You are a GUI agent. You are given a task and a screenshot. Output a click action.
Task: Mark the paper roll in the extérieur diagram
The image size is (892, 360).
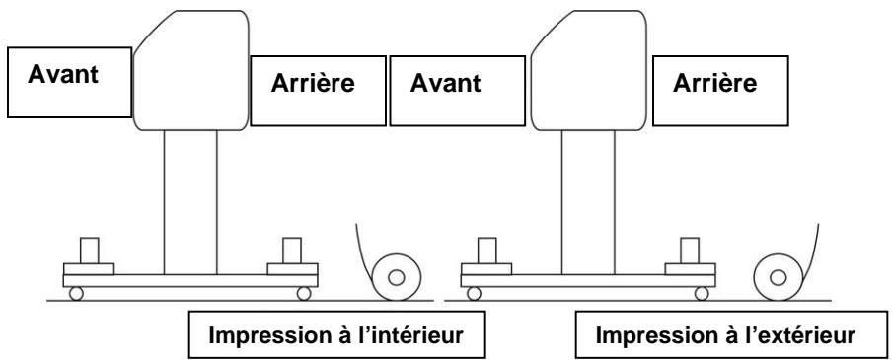point(779,276)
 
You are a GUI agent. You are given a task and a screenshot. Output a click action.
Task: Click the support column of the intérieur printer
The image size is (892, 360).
point(190,202)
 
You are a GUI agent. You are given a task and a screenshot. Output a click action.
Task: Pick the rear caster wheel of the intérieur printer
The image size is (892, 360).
point(304,293)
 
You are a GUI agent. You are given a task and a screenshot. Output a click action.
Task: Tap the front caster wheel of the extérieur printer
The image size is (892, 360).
point(475,293)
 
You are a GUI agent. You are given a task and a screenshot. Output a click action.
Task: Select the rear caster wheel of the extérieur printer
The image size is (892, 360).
point(702,293)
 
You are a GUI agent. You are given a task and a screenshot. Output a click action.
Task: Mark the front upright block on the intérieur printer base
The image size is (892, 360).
point(89,250)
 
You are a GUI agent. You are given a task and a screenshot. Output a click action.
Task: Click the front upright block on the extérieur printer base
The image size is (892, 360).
point(486,250)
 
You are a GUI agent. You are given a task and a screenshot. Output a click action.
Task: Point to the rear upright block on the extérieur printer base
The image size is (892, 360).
point(690,250)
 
